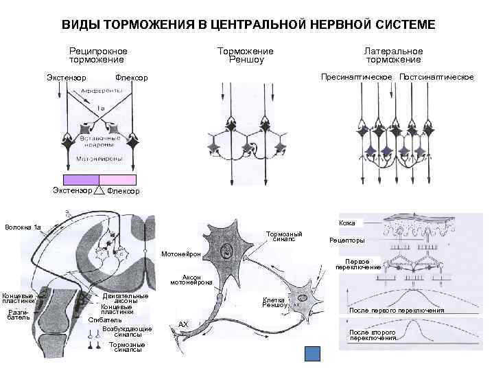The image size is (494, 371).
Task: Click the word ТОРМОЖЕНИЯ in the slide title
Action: click(x=152, y=25)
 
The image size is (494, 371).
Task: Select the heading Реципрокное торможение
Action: click(x=98, y=55)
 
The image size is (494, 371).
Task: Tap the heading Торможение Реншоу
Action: click(x=245, y=55)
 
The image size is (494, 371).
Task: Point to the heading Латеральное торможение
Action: click(x=393, y=55)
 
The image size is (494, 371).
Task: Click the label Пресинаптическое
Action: click(x=357, y=76)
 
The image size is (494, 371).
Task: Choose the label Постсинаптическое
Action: click(x=436, y=76)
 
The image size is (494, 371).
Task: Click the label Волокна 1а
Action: click(x=23, y=227)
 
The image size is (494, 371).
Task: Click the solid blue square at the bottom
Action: click(x=312, y=354)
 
